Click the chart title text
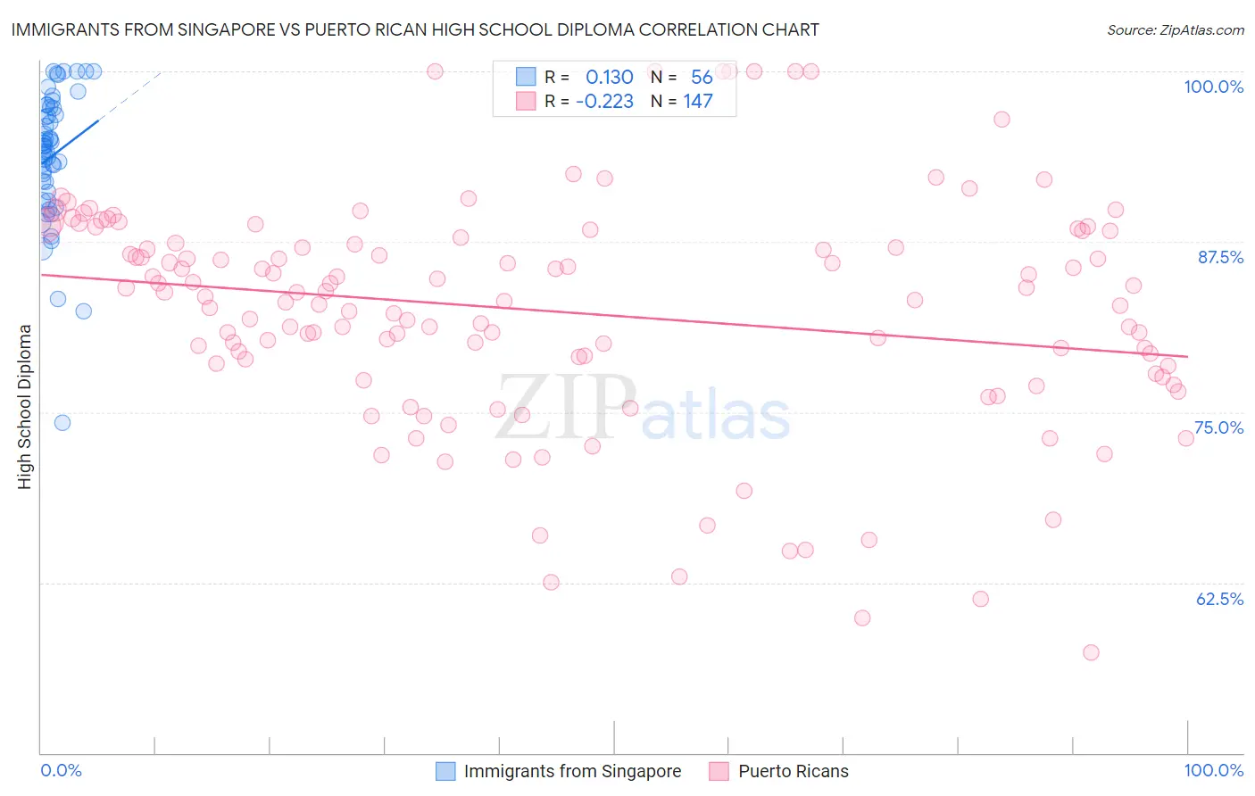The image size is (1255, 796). coord(415,29)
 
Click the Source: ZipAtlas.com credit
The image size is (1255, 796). coord(1175,30)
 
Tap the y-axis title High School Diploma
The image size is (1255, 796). coord(25,406)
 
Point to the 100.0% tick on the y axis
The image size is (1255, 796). coord(1213,87)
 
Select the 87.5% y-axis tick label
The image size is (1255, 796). coord(1220,257)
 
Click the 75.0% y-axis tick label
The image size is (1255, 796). coord(1218,427)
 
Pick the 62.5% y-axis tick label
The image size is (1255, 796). coord(1219,599)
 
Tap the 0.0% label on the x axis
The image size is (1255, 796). coord(61,770)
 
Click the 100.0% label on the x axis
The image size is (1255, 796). coord(1213,770)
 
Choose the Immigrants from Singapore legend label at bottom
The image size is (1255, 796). coord(572,771)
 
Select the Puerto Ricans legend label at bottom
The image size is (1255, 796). coord(793,771)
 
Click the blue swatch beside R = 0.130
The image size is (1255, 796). coord(526,78)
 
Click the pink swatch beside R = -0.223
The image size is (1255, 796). coord(526,101)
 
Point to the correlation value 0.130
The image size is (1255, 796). coord(609,78)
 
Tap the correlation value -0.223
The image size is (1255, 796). coord(604,101)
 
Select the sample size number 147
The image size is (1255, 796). coord(698,101)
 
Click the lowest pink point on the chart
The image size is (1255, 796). coord(1091,652)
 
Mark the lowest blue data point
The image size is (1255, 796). coord(62,423)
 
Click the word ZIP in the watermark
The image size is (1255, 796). coord(566,407)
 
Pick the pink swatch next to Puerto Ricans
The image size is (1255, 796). coord(719,771)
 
